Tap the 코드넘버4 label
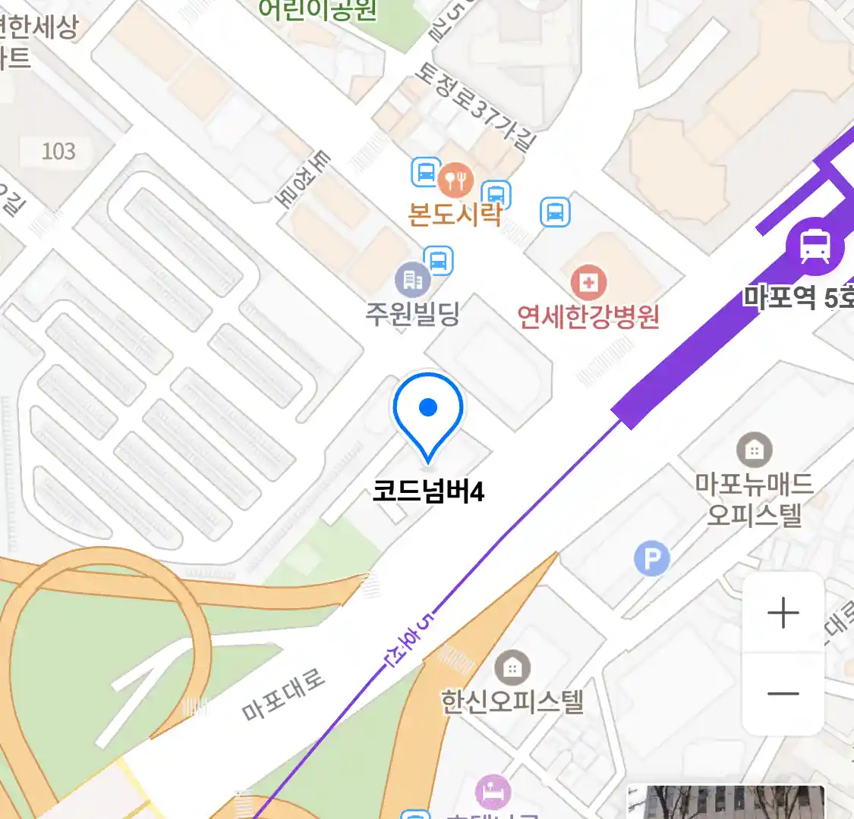428,491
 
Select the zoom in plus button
783,613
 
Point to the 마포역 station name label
797,297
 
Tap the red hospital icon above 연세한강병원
588,284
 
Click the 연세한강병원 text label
588,317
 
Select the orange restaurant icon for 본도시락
455,180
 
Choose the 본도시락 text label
455,215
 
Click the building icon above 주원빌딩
413,281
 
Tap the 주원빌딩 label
413,313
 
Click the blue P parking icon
651,560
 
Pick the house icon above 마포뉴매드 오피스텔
754,450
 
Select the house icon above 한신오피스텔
512,668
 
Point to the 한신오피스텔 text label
512,701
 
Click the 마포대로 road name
283,695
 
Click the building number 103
58,152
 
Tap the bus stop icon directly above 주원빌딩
439,260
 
